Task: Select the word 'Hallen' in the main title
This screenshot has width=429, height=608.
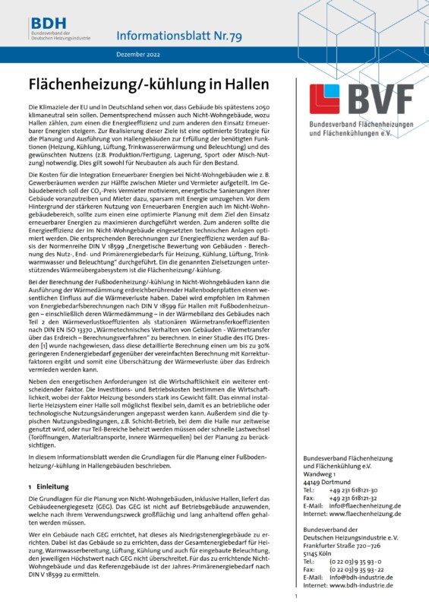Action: coord(248,82)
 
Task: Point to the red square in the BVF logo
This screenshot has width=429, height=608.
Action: coord(327,101)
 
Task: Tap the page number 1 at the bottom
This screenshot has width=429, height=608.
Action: coord(295,598)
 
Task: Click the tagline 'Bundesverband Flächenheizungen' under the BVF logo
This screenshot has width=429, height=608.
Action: coord(360,125)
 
